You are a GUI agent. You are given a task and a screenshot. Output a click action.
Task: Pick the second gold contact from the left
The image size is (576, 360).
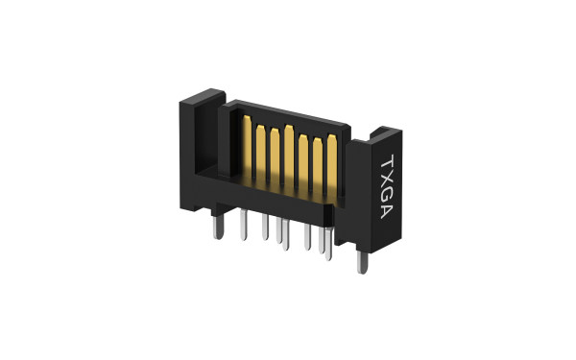(x=259, y=149)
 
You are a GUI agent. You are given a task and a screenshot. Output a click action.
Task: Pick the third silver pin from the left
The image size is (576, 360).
(x=265, y=230)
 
